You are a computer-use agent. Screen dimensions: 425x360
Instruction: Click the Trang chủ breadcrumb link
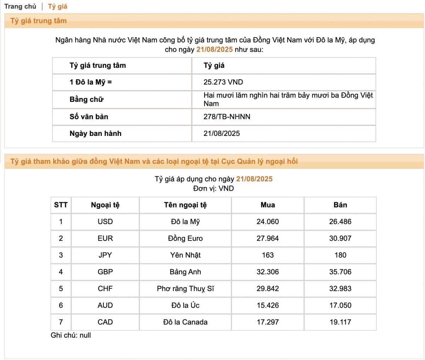pos(20,6)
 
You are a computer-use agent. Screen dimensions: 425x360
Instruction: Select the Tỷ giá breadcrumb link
pos(57,6)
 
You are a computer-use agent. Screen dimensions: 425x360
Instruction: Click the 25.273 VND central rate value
pos(223,82)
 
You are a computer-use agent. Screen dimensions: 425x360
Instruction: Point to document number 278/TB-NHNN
pos(227,116)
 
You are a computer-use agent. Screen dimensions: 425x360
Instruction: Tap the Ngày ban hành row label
pos(95,133)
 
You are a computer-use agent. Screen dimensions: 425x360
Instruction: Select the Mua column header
pos(267,205)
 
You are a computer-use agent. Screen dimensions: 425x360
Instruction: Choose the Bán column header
pos(340,205)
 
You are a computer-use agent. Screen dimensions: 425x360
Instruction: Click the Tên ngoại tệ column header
pos(185,205)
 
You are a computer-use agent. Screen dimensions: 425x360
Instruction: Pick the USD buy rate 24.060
pos(267,222)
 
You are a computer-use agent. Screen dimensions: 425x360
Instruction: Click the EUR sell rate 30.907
pos(340,238)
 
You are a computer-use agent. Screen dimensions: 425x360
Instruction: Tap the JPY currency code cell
pos(105,255)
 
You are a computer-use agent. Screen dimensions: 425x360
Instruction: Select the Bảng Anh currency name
pos(185,272)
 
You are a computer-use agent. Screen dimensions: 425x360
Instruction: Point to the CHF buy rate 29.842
pos(267,288)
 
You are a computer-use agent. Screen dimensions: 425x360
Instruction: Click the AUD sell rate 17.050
pos(340,305)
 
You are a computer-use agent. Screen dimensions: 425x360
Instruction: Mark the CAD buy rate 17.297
pos(267,322)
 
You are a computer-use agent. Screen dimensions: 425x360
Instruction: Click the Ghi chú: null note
pos(71,335)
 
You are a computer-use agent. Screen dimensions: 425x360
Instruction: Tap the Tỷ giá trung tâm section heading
pos(39,21)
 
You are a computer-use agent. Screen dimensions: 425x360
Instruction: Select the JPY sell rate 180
pos(340,255)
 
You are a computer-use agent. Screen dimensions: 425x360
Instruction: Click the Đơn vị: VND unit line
pos(213,188)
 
